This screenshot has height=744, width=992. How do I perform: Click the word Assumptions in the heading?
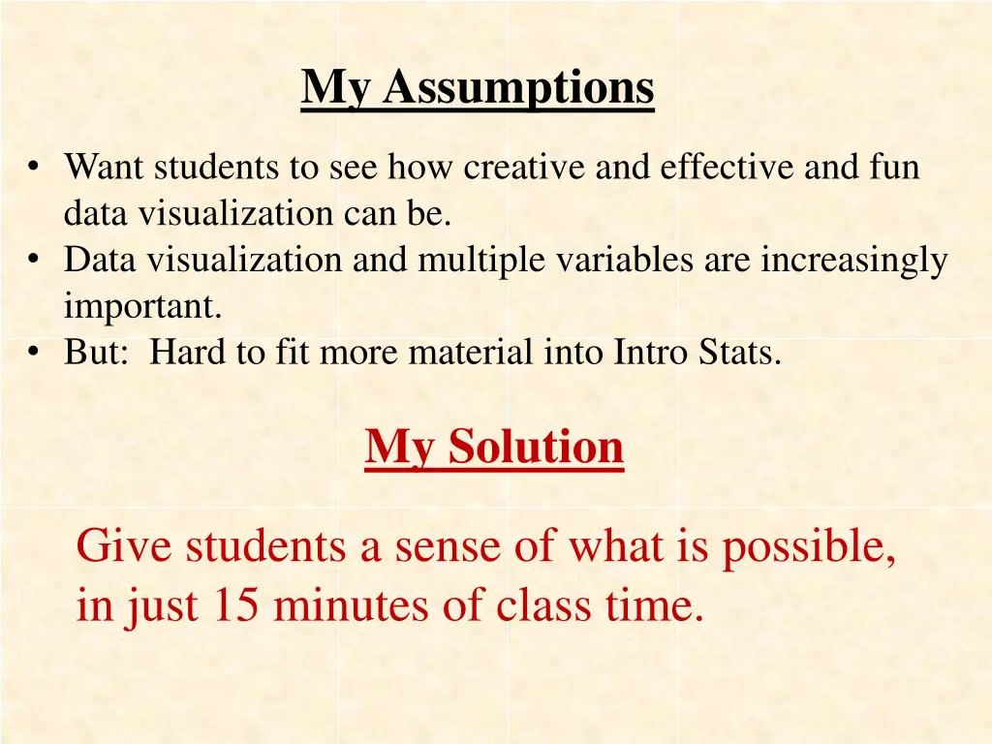point(518,88)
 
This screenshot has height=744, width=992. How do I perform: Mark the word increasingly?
point(853,262)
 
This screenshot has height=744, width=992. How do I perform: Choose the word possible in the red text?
point(809,548)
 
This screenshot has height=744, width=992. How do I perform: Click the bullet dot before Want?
point(35,168)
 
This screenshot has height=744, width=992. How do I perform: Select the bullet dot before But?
point(35,353)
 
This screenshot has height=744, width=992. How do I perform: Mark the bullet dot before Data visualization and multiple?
point(35,260)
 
